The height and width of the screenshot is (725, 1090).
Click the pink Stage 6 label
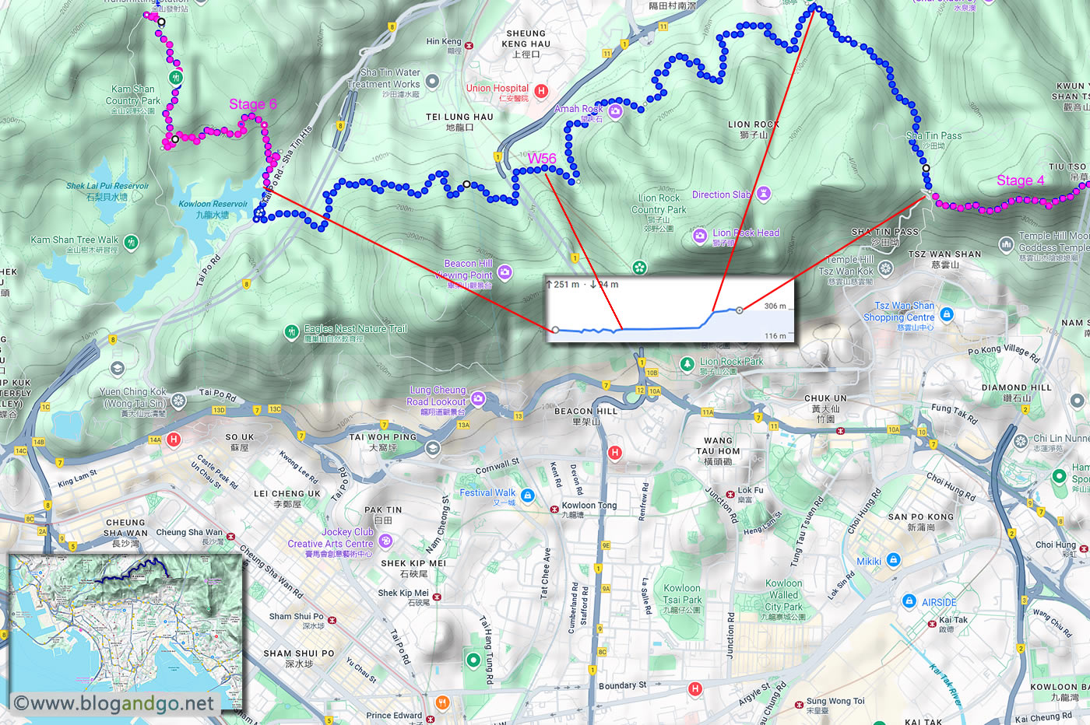(x=252, y=104)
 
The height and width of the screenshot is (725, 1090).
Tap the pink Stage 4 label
(x=1020, y=180)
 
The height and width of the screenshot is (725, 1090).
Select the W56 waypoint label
(x=542, y=159)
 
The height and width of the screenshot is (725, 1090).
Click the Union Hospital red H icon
(x=541, y=91)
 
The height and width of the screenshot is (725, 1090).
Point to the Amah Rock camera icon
(x=615, y=111)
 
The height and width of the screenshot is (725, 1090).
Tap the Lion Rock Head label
(x=745, y=233)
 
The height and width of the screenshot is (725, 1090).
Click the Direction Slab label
(x=722, y=194)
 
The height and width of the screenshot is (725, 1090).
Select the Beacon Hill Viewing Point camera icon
(x=505, y=271)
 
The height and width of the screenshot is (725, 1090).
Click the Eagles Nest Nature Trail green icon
(x=291, y=332)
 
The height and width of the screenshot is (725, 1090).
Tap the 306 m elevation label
(x=775, y=306)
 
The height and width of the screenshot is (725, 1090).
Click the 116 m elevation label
(x=775, y=336)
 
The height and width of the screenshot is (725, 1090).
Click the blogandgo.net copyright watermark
(x=114, y=703)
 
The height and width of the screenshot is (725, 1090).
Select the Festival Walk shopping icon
(x=527, y=496)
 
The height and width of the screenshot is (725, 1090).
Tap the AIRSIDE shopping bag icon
(x=909, y=601)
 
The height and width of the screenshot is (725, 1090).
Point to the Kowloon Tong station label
(x=589, y=506)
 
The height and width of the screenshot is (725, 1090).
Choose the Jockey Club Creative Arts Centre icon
(x=385, y=541)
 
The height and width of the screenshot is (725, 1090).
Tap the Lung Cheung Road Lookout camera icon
(x=478, y=398)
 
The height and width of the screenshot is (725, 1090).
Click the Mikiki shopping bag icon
(x=894, y=560)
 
